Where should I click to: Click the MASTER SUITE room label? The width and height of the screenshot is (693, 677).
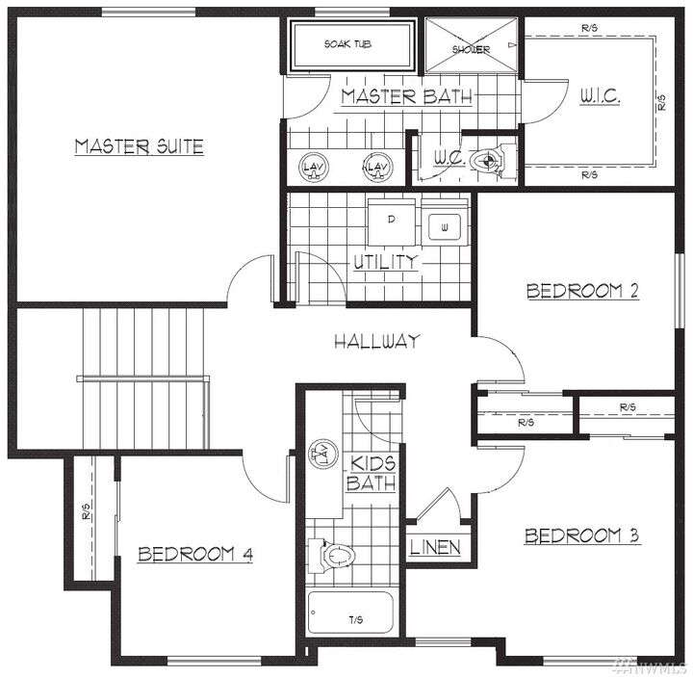coord(140,146)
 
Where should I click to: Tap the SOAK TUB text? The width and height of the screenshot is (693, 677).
coord(348,44)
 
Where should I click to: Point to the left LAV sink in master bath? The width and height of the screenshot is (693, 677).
coord(313,168)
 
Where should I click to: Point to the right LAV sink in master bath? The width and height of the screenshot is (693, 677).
coord(375,169)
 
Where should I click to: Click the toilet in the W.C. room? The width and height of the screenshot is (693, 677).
coord(497,161)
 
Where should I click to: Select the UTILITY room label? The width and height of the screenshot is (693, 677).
coord(385,261)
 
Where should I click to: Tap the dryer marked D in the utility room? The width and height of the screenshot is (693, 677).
coord(391,219)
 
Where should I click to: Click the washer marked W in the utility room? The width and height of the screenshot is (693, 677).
coord(445,227)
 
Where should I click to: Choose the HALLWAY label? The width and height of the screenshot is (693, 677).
coord(376,341)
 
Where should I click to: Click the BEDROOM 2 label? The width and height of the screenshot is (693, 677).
coord(582,291)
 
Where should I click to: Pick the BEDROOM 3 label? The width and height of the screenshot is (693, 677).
coord(582,536)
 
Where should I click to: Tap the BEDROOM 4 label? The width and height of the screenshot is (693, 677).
coord(195,554)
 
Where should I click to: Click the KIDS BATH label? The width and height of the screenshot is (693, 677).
coord(371,473)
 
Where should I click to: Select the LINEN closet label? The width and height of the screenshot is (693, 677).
coord(435,548)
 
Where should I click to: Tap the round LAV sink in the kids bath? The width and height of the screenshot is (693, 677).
coord(321,455)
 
